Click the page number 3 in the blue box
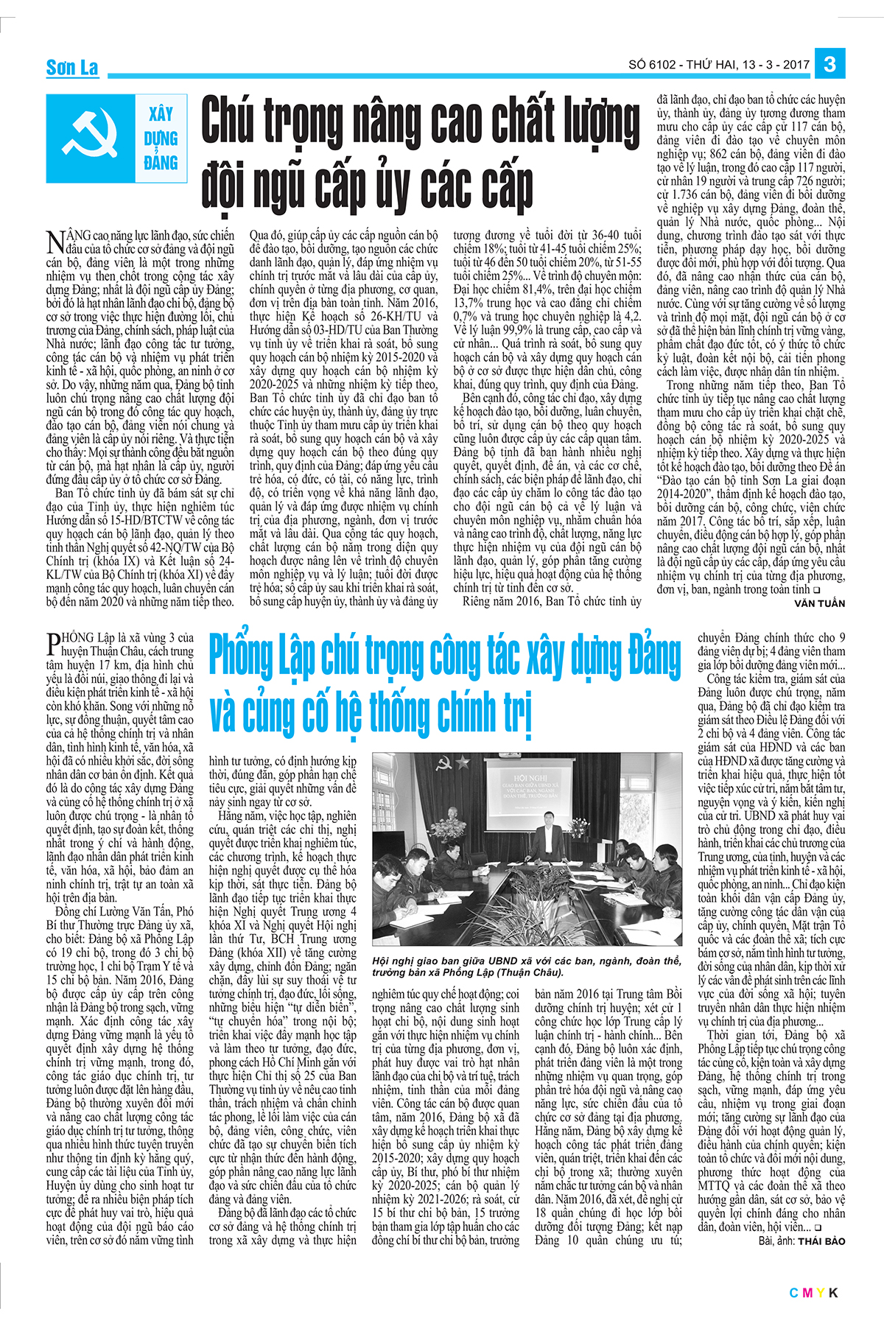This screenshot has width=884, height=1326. point(829,64)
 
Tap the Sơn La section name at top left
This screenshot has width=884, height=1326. point(72,69)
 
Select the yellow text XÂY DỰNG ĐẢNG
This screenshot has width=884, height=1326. point(161,138)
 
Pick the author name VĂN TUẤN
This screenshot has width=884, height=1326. point(819,603)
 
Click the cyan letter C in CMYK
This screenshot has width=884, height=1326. point(794,1293)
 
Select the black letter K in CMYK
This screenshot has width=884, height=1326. point(833,1293)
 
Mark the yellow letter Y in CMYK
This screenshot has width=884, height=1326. point(821,1293)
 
